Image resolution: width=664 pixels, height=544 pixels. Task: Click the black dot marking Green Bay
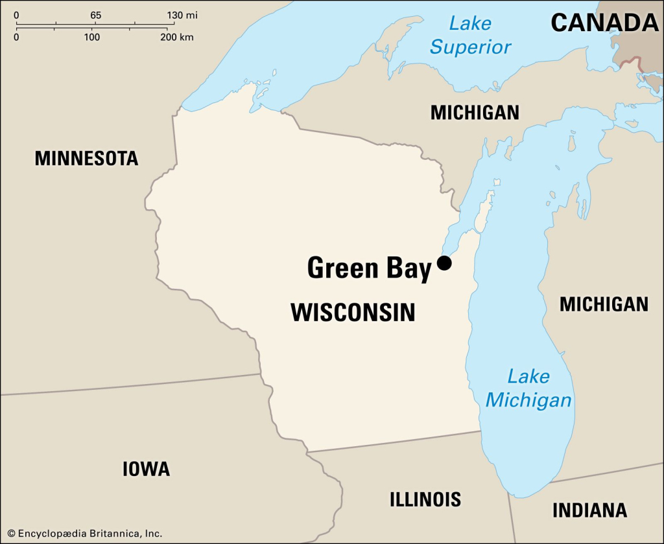[444, 263]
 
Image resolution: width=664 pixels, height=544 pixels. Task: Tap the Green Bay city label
[368, 268]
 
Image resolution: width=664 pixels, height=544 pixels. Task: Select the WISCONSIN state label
[353, 313]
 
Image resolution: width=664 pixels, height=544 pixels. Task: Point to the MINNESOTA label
[86, 158]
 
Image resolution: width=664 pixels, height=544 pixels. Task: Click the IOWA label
[146, 469]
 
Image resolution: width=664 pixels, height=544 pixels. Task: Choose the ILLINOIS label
[425, 499]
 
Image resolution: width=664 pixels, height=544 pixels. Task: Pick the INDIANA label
[589, 510]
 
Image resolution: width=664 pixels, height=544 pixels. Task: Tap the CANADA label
[604, 23]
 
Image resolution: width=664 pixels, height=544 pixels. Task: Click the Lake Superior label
[471, 36]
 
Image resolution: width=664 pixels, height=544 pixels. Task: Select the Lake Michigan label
[528, 388]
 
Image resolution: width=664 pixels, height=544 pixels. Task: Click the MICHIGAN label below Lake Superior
[475, 113]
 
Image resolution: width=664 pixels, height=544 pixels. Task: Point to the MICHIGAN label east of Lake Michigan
[604, 304]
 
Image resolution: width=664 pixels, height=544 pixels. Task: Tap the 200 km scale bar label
[177, 37]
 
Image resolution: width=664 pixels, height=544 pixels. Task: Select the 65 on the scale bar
[95, 15]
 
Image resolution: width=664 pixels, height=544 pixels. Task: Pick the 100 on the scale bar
[91, 37]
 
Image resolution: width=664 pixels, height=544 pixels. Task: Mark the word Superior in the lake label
[471, 47]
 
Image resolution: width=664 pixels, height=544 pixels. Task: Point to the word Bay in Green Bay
[409, 268]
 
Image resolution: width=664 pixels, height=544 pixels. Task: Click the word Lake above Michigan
[528, 376]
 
